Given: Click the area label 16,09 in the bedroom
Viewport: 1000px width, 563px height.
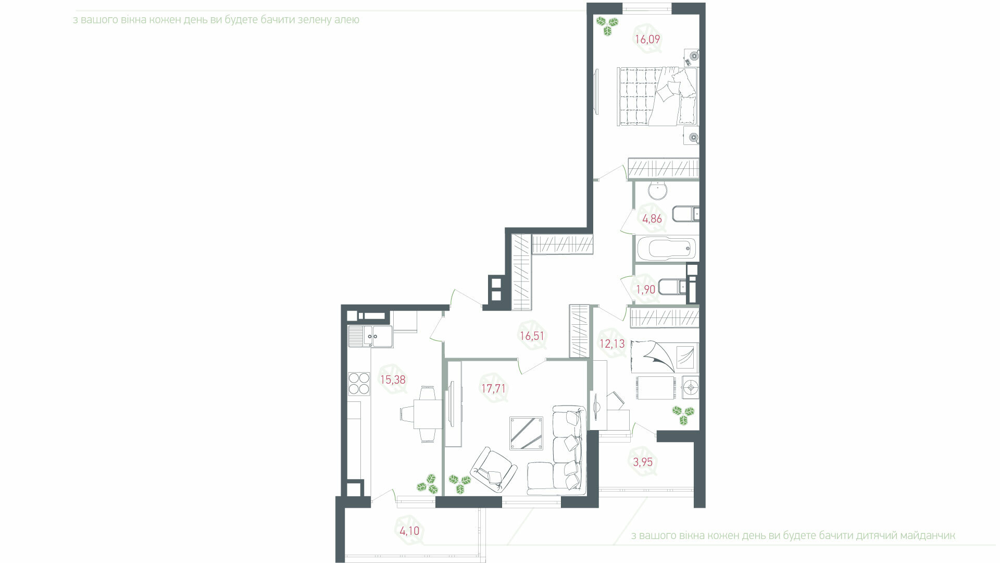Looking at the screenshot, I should pyautogui.click(x=647, y=39).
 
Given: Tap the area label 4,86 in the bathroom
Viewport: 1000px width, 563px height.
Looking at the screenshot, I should pyautogui.click(x=652, y=219).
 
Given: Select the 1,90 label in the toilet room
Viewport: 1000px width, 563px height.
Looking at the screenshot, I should pyautogui.click(x=646, y=289).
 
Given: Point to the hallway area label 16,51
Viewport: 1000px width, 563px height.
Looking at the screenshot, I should pyautogui.click(x=532, y=336).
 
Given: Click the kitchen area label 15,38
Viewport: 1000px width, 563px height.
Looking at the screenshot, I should pyautogui.click(x=392, y=380).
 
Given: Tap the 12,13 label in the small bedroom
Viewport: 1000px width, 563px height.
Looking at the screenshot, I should pyautogui.click(x=612, y=344).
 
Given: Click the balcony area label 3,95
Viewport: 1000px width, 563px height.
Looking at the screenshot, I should pyautogui.click(x=643, y=462).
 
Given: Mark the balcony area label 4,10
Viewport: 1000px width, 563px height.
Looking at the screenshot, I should pyautogui.click(x=409, y=531).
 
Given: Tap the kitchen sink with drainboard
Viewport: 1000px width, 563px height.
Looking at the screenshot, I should pyautogui.click(x=370, y=336).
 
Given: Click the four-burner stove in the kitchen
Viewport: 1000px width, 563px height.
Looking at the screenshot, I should pyautogui.click(x=358, y=383).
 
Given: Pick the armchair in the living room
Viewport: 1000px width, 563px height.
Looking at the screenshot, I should pyautogui.click(x=493, y=469).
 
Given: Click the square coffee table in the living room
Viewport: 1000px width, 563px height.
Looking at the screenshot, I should pyautogui.click(x=526, y=433).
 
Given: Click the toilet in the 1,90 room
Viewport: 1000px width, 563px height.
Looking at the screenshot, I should pyautogui.click(x=672, y=287).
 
